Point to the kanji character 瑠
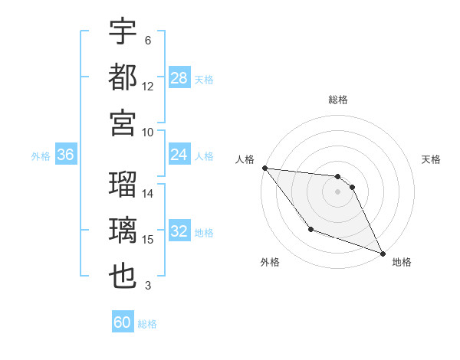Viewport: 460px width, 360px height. (x=123, y=185)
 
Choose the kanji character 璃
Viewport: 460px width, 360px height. (x=123, y=231)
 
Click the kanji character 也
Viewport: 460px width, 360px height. (x=123, y=277)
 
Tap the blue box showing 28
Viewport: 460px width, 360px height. (x=179, y=77)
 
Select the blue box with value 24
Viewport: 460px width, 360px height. (x=179, y=155)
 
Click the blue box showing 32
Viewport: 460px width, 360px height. (x=179, y=232)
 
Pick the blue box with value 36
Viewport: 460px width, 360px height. (x=65, y=155)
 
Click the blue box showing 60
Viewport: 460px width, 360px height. (x=123, y=322)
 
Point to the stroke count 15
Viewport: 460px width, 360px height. (x=148, y=240)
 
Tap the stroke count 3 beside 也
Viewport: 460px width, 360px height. (x=148, y=286)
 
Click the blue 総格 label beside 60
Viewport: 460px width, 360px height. (x=147, y=324)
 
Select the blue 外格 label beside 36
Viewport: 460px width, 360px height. (x=41, y=156)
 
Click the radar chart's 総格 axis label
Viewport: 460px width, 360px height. (x=338, y=100)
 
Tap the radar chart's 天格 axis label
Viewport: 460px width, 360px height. (x=431, y=159)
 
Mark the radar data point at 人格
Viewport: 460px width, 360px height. (x=264, y=168)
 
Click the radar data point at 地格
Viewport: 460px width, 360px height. (x=383, y=254)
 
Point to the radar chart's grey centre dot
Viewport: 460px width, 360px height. (x=338, y=191)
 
